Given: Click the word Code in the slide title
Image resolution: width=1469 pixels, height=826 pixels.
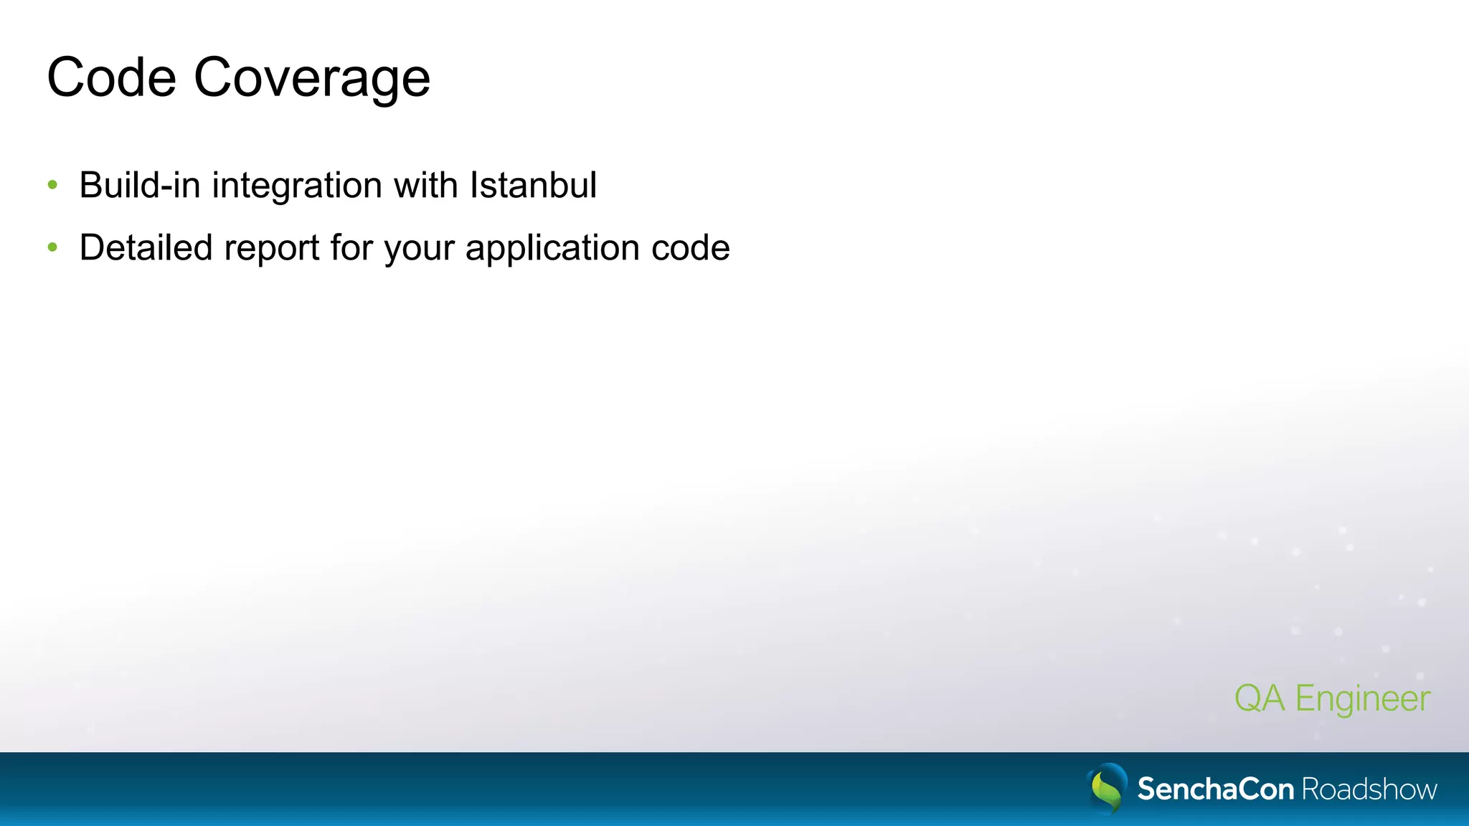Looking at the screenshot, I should click(111, 77).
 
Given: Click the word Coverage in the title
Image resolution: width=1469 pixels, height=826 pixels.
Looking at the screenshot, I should click(312, 79).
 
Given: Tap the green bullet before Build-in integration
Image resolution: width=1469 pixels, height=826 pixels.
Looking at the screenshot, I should click(52, 185).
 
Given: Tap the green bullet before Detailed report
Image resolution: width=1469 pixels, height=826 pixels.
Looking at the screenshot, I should click(52, 247).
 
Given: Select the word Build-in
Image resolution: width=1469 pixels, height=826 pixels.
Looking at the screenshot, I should click(139, 185).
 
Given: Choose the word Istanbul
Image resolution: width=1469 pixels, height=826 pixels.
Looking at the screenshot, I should click(533, 185).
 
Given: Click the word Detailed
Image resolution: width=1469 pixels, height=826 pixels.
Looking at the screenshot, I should click(146, 247).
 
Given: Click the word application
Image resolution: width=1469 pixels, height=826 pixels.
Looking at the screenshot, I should click(552, 249).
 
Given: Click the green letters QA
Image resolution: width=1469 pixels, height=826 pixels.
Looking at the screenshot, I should click(1260, 698).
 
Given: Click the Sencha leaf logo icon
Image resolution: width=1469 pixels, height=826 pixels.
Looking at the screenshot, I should click(1107, 788).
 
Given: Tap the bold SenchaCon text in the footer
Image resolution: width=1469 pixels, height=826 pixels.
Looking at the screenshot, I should click(1215, 789).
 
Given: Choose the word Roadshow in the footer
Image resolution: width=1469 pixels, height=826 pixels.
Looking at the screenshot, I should click(1369, 789).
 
